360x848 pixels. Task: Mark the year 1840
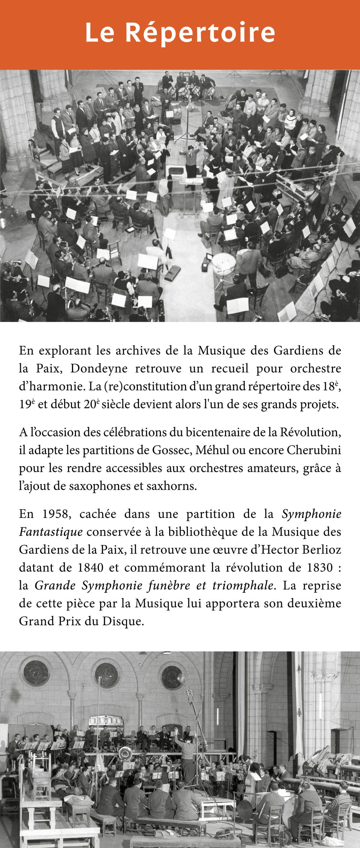pos(91,568)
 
